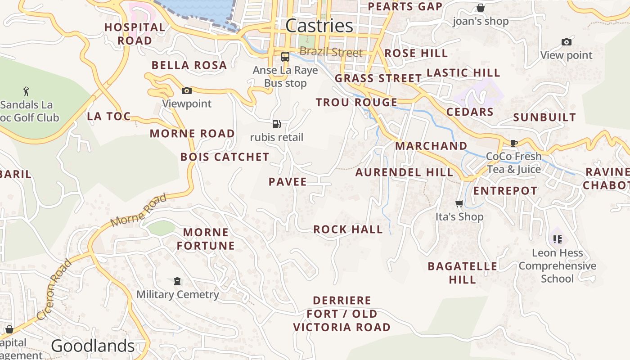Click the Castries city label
point(319,26)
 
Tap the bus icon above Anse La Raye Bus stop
point(285,57)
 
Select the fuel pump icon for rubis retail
point(276,124)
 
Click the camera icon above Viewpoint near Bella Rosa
point(186,90)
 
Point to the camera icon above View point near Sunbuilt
point(566,42)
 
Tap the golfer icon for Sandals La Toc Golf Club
point(26,92)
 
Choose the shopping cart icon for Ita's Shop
point(459,203)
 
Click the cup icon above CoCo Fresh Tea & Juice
point(513,143)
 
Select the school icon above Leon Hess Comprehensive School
point(557,239)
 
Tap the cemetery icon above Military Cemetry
point(177,281)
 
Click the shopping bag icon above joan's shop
point(480,8)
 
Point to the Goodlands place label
point(93,346)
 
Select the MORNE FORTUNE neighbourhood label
point(206,239)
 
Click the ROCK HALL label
point(348,229)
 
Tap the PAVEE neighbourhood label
point(288,182)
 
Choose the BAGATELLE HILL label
point(462,273)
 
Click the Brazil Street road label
point(331,52)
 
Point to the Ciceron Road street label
point(54,289)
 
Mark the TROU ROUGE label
point(356,103)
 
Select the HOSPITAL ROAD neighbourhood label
point(135,34)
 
